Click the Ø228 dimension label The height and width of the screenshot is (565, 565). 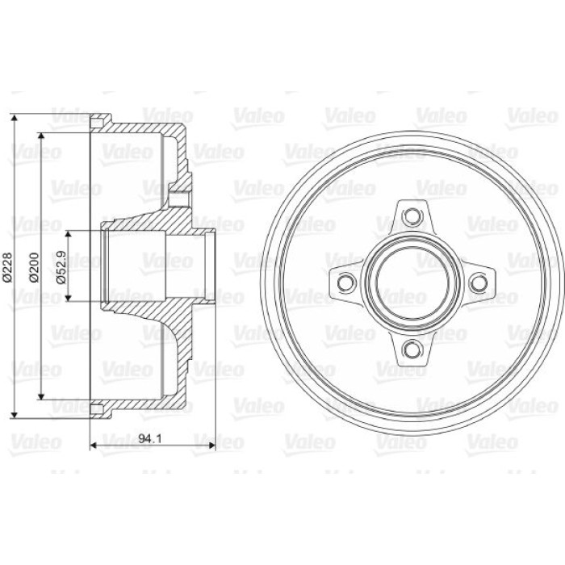point(8,266)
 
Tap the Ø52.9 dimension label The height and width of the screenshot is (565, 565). point(61,267)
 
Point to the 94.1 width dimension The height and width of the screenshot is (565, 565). point(150,438)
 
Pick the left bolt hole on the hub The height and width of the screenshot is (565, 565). point(346,282)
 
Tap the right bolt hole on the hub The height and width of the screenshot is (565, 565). point(479,282)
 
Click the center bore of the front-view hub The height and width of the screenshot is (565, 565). point(412,282)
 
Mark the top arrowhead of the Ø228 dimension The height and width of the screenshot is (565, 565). point(14,119)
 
